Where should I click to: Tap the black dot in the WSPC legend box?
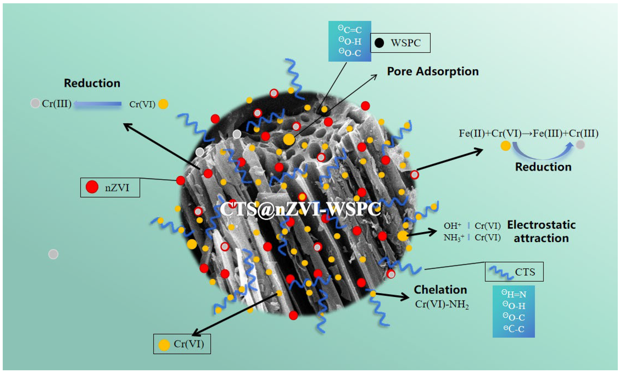pos(379,43)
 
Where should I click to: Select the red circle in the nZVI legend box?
pos(92,187)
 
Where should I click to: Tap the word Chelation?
pos(440,290)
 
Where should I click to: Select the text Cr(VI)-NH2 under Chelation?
pos(442,304)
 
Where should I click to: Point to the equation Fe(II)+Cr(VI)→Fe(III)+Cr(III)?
pos(528,133)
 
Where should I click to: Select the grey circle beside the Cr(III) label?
pos(35,103)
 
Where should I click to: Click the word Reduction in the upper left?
pos(92,83)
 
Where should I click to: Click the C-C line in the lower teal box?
pos(514,329)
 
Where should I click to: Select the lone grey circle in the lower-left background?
pos(53,254)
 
